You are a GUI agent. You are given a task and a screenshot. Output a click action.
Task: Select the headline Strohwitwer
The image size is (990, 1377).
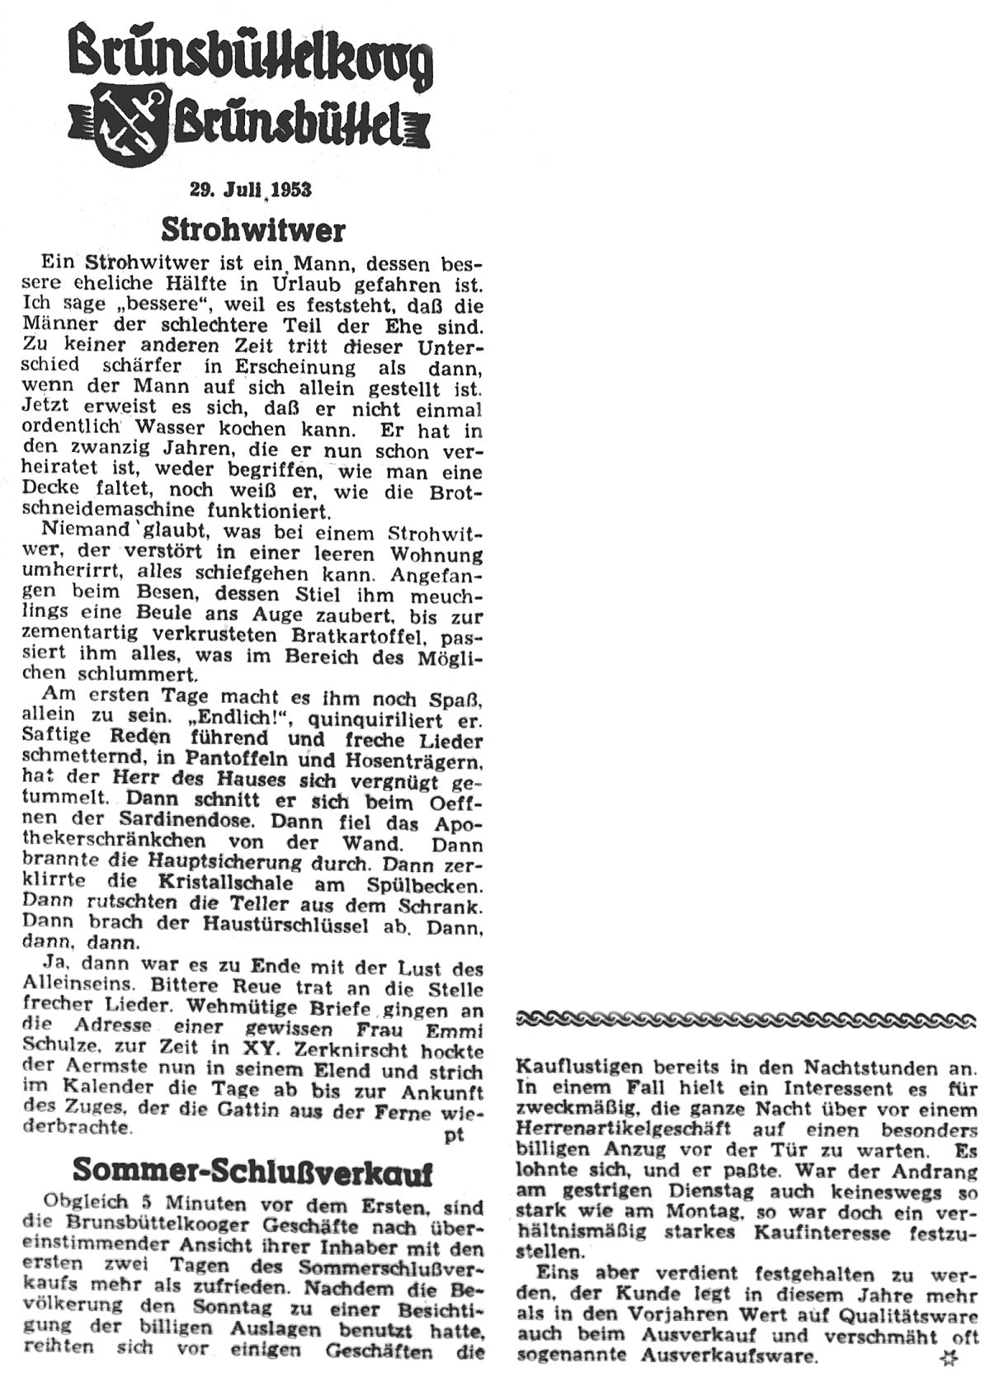252,228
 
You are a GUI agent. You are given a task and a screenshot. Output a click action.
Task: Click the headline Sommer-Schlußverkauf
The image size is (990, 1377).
252,1169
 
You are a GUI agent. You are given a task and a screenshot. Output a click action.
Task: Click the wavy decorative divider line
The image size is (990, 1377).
746,1021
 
